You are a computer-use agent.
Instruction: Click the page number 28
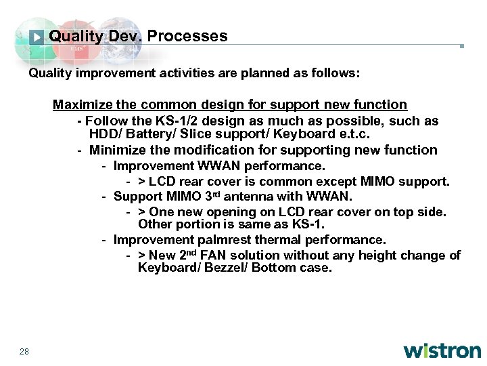tap(24, 350)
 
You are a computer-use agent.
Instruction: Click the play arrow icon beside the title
tap(38, 37)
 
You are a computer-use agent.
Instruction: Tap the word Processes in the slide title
tap(187, 36)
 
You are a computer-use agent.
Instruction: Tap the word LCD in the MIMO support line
tap(160, 182)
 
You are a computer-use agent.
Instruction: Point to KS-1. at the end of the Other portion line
tap(309, 224)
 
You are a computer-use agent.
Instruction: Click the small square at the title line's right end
tap(461, 47)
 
